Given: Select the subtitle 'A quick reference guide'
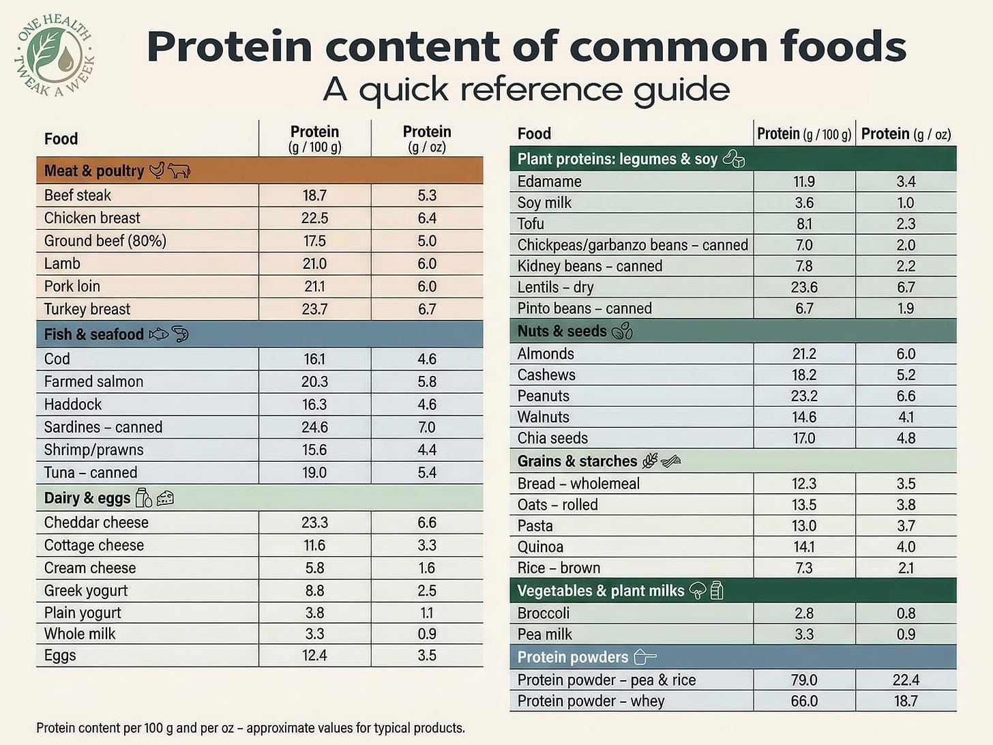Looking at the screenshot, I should click(526, 89).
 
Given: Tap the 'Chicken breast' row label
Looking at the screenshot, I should click(92, 218).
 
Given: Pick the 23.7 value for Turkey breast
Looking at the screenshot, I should click(314, 309).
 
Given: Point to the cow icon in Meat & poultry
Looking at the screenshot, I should click(179, 171).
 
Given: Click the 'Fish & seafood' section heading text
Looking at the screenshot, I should click(93, 334).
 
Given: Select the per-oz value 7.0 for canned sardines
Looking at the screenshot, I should click(427, 427).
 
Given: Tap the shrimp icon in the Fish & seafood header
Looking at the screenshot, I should click(180, 334).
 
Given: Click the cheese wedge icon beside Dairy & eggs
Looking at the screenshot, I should click(165, 499).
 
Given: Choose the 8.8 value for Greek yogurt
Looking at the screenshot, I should click(314, 591).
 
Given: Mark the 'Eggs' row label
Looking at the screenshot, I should click(60, 656).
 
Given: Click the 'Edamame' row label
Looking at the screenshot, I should click(549, 181).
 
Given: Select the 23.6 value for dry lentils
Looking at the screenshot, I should click(804, 287).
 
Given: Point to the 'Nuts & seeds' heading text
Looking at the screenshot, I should click(561, 331).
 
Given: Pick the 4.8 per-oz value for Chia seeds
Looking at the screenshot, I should click(906, 438).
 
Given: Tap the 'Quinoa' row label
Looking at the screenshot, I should click(540, 547).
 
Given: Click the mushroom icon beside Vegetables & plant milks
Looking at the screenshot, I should click(697, 591).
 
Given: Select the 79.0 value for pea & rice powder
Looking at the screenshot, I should click(804, 680).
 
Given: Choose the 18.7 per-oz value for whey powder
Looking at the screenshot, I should click(906, 701).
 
